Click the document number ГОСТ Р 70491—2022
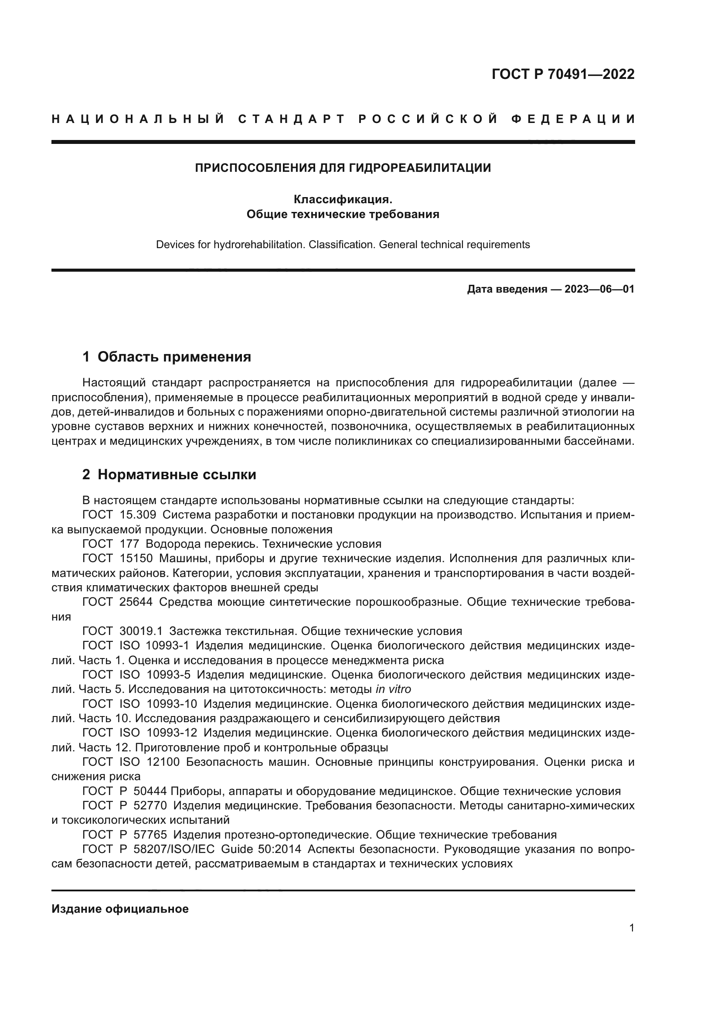tap(563, 74)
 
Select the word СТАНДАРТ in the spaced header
tap(291, 119)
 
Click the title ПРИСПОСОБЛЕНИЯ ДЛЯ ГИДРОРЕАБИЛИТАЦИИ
tap(343, 168)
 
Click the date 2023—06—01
tap(599, 290)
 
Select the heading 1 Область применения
tap(167, 356)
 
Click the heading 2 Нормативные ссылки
tap(169, 474)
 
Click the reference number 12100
tap(163, 762)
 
